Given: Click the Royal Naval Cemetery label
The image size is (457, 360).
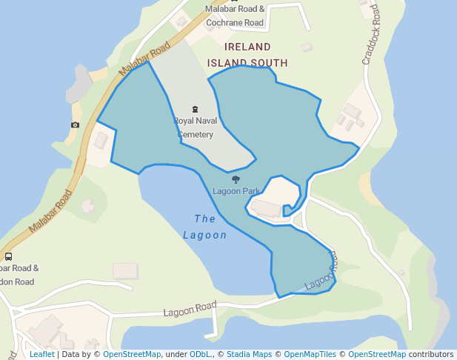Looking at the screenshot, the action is pyautogui.click(x=195, y=127).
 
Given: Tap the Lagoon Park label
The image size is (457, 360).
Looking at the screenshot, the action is pyautogui.click(x=236, y=191).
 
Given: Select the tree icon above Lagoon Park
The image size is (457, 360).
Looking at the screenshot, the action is pyautogui.click(x=236, y=179).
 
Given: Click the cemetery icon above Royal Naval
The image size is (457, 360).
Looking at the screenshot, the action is pyautogui.click(x=196, y=110).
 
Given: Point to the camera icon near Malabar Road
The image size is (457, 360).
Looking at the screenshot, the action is pyautogui.click(x=75, y=124).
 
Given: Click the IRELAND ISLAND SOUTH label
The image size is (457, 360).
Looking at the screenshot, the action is pyautogui.click(x=247, y=55).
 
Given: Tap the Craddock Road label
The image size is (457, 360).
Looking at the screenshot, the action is pyautogui.click(x=372, y=35).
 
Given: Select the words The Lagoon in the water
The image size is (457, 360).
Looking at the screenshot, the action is pyautogui.click(x=205, y=227).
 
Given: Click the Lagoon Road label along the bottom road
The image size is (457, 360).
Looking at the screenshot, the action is pyautogui.click(x=190, y=307).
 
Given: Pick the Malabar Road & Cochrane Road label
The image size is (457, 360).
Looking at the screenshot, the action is pyautogui.click(x=235, y=16).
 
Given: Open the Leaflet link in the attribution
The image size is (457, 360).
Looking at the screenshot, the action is pyautogui.click(x=42, y=355).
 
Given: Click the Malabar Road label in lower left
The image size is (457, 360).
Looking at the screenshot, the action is pyautogui.click(x=50, y=213).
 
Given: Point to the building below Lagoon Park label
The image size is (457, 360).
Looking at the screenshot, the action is pyautogui.click(x=267, y=208).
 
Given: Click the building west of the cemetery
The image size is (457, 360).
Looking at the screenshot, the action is pyautogui.click(x=101, y=140).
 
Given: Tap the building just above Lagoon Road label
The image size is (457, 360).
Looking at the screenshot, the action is pyautogui.click(x=125, y=271).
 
